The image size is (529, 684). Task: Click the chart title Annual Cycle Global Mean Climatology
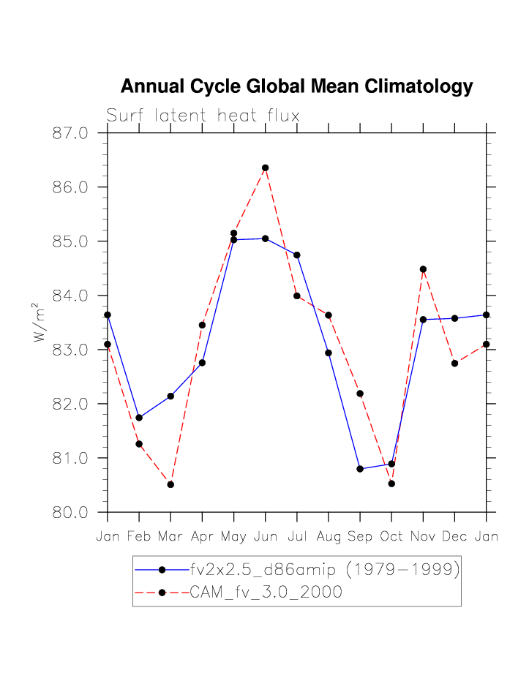tap(296, 87)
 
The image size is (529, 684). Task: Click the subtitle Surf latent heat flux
tap(203, 116)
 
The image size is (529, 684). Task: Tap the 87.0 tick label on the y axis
tap(70, 133)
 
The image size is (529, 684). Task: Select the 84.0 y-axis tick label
tap(70, 296)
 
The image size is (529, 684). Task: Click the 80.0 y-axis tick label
tap(70, 512)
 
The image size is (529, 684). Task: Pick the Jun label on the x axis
tap(265, 537)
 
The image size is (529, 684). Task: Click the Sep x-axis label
tap(359, 537)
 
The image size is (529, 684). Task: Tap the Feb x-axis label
tap(139, 537)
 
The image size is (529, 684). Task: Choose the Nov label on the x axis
tap(423, 537)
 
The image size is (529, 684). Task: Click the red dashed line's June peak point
tap(266, 168)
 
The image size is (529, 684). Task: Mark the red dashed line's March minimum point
tap(170, 484)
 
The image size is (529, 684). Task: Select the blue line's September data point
tap(360, 469)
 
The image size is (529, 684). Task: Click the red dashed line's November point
tap(423, 269)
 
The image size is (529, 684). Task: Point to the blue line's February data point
tap(139, 418)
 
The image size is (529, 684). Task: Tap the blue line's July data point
tap(297, 255)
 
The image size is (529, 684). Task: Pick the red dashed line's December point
tap(454, 363)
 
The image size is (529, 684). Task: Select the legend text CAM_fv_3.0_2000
tap(266, 593)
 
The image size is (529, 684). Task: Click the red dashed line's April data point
tap(202, 325)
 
